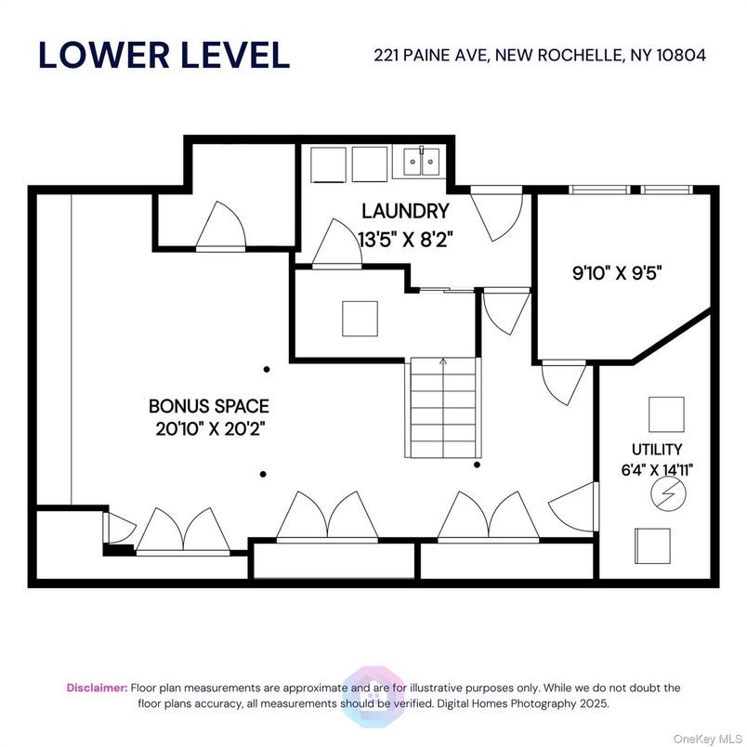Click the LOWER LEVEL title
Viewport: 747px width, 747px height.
(x=164, y=55)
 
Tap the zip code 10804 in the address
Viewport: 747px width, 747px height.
(x=681, y=55)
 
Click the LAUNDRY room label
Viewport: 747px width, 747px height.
(x=404, y=212)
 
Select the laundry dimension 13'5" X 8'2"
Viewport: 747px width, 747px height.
(x=404, y=238)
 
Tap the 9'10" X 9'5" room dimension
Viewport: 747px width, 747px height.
(x=622, y=274)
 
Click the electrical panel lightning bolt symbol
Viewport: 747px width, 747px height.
(x=665, y=495)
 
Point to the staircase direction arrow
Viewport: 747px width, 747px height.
(x=443, y=361)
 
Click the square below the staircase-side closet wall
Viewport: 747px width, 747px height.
(x=360, y=319)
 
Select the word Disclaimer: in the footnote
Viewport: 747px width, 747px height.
(x=97, y=688)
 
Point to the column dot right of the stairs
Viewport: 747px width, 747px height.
(x=478, y=464)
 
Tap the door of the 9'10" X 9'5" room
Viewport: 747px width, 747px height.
(x=564, y=378)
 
